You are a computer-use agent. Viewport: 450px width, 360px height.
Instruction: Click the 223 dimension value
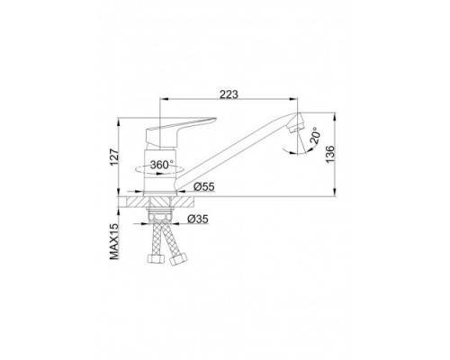pyautogui.click(x=229, y=94)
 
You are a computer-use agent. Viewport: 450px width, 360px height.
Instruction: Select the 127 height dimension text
pyautogui.click(x=114, y=157)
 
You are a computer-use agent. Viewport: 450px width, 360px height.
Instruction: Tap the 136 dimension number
pyautogui.click(x=329, y=154)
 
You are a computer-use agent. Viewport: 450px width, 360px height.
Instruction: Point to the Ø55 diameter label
pyautogui.click(x=204, y=187)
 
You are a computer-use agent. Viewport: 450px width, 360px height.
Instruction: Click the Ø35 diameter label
pyautogui.click(x=198, y=220)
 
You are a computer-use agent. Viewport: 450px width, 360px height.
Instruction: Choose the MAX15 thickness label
pyautogui.click(x=114, y=241)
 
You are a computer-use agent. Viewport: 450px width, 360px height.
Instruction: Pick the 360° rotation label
pyautogui.click(x=162, y=165)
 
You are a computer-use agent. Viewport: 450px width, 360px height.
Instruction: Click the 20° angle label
pyautogui.click(x=314, y=137)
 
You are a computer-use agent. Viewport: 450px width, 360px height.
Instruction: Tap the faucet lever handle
pyautogui.click(x=177, y=129)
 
